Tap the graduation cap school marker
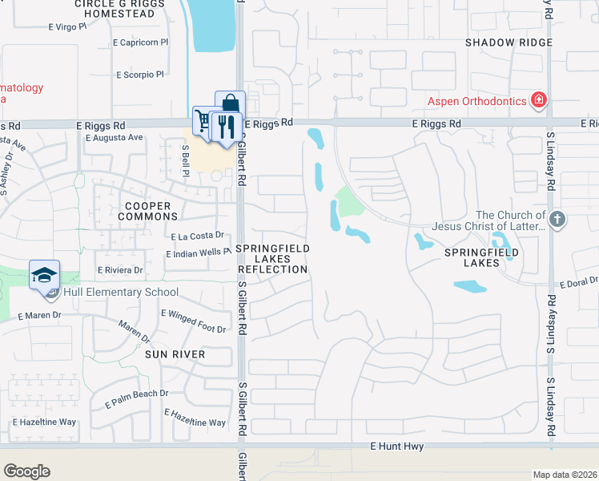pos(44,275)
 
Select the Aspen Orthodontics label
pos(476,100)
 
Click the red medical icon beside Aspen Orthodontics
pos(539,100)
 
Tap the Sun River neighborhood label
pos(175,354)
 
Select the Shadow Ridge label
pos(509,42)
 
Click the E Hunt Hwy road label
pos(396,446)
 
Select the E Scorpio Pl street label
pos(139,75)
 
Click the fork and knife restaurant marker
pos(227,126)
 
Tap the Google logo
pos(26,471)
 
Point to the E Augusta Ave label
pos(114,137)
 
